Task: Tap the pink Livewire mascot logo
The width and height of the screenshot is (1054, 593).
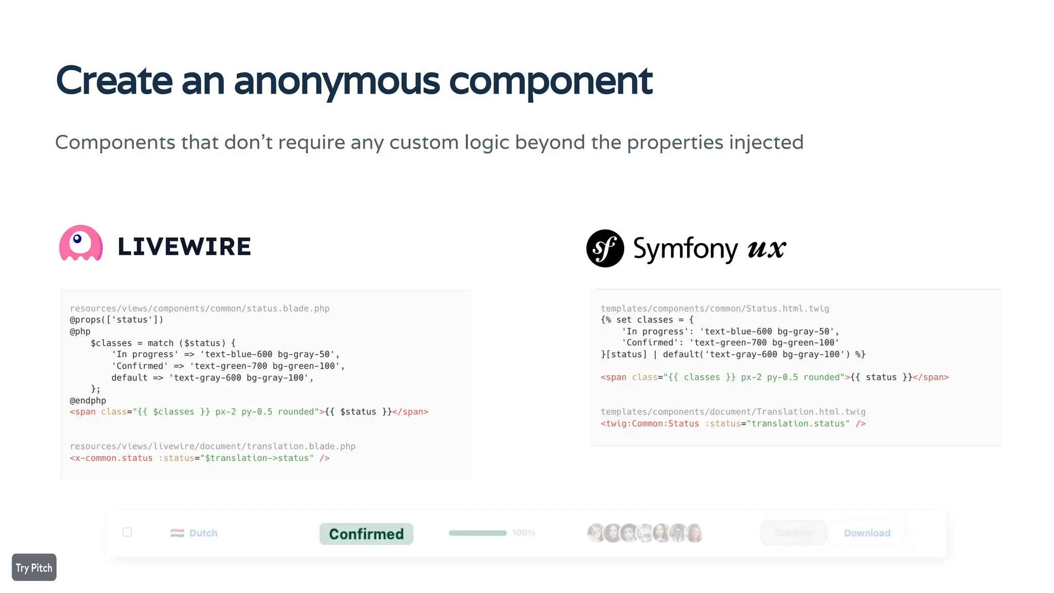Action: click(81, 243)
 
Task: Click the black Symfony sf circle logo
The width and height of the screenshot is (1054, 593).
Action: click(605, 248)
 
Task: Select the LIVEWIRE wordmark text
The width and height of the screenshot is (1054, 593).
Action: click(184, 247)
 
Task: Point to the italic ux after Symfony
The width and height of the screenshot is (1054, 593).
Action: click(766, 248)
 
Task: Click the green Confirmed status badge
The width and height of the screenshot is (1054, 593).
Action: click(366, 534)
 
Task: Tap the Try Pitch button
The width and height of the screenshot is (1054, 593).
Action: click(34, 567)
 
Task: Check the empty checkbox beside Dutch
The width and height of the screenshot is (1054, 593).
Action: click(127, 532)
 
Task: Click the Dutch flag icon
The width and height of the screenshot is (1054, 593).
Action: click(177, 533)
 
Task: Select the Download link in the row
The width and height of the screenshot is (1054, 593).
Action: click(867, 533)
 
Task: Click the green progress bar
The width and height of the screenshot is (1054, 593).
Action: click(477, 533)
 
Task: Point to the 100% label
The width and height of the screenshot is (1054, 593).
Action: click(523, 533)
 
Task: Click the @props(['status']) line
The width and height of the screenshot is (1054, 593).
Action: click(116, 320)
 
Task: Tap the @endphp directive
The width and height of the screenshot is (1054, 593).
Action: click(88, 400)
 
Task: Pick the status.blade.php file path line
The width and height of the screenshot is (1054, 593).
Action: click(200, 308)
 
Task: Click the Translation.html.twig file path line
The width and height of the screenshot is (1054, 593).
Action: click(733, 412)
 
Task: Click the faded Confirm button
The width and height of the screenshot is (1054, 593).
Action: click(793, 533)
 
